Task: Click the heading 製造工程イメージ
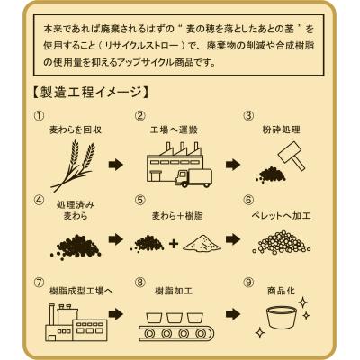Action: point(90,92)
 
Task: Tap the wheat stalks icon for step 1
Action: point(74,166)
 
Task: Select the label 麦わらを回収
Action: point(76,130)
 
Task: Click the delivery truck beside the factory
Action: point(193,178)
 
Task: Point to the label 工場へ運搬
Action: point(174,130)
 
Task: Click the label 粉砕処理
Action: point(281,130)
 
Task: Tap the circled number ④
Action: point(40,200)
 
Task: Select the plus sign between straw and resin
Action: point(174,244)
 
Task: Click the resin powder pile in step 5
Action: point(202,242)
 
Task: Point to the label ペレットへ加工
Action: point(281,215)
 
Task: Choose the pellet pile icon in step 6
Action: point(282,241)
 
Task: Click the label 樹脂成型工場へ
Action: point(81,291)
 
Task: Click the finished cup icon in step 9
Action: point(282,317)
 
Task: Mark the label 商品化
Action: point(281,291)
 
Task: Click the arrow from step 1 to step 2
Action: point(116,165)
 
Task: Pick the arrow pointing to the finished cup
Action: point(233,314)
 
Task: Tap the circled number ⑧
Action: point(140,283)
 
